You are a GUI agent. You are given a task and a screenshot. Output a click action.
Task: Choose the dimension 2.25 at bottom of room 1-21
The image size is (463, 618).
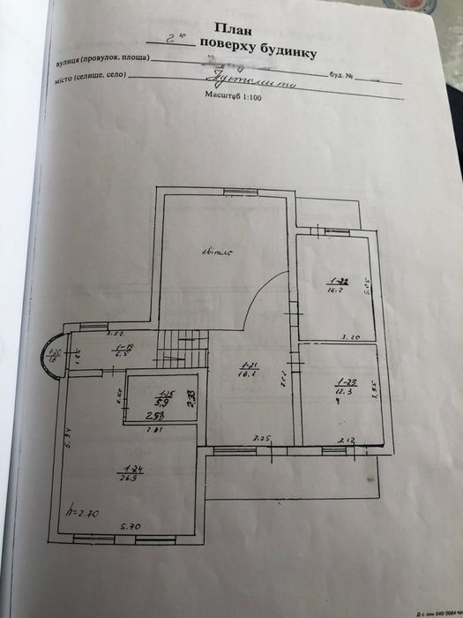point(261,437)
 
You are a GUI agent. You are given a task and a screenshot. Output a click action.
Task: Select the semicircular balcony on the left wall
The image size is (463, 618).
point(52,355)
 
